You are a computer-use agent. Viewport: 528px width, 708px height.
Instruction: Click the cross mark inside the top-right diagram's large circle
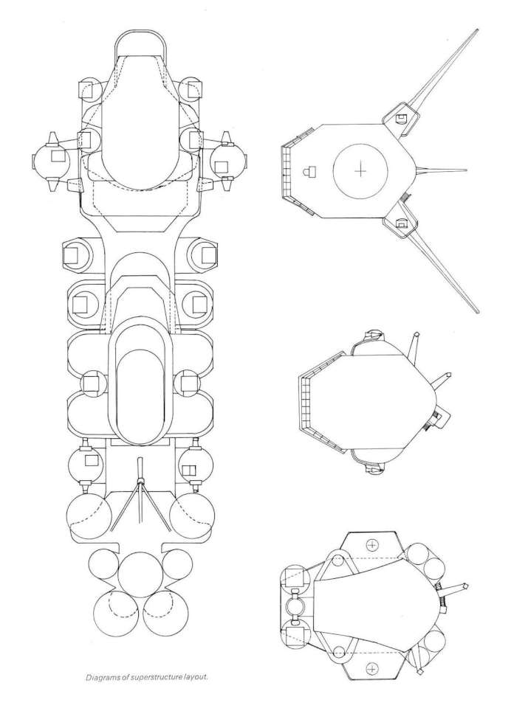(x=360, y=170)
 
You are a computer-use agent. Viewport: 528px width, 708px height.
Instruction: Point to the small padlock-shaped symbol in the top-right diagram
(x=309, y=171)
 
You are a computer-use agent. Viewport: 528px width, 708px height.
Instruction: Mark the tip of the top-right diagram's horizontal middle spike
(x=467, y=170)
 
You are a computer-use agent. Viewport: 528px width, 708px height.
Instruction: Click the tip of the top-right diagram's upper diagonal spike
(x=477, y=29)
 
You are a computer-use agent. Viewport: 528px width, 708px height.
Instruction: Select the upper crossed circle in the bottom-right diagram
(x=372, y=546)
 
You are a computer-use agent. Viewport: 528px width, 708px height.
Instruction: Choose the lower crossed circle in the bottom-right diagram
(x=372, y=668)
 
